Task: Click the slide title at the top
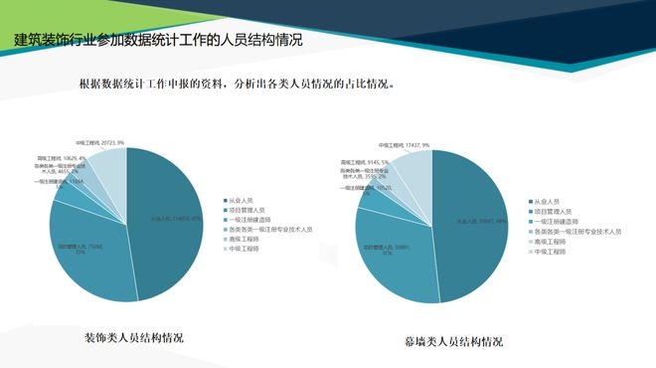159,41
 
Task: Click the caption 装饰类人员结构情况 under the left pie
134,337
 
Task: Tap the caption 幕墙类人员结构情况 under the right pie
452,341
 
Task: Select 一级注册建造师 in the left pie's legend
250,220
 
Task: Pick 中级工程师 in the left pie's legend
246,249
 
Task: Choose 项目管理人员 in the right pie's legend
554,211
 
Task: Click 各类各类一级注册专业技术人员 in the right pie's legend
576,232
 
